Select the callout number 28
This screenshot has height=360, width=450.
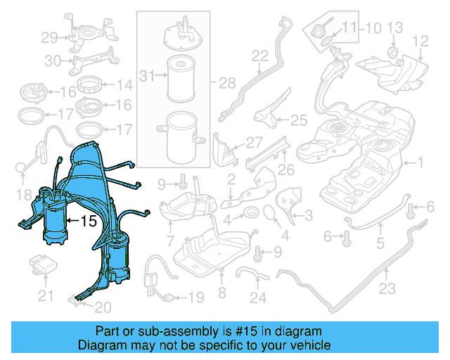coord(226,84)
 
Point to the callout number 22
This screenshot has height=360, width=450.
coord(260,56)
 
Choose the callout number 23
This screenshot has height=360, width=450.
coord(387,288)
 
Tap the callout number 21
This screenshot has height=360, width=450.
coord(46,297)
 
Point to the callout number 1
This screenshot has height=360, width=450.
coord(421,163)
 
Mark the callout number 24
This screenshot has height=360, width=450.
coord(258,298)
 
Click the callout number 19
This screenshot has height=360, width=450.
coord(195,297)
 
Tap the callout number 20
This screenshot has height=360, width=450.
coord(103,307)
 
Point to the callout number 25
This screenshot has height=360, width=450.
coord(299,120)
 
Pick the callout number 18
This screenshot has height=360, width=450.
coord(24,194)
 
